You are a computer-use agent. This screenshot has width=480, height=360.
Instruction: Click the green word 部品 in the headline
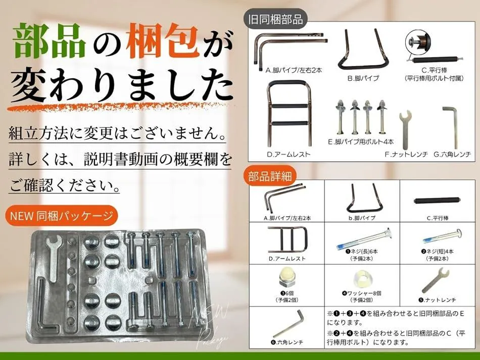point(49,41)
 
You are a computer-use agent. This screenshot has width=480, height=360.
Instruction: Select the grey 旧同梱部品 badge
point(275,20)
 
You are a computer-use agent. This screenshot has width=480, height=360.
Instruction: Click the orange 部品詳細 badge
point(270,177)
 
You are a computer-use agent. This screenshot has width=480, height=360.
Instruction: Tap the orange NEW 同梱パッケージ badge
point(61,216)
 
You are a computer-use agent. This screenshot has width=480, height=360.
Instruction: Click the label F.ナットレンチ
point(406,155)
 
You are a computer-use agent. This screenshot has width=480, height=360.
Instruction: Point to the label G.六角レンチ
point(452,155)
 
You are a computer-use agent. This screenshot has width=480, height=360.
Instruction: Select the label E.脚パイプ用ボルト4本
point(361,141)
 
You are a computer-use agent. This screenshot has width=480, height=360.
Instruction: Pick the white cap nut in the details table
point(287,280)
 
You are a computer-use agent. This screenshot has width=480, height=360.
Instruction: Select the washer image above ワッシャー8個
point(362,279)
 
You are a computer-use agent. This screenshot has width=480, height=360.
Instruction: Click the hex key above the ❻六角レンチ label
point(289,324)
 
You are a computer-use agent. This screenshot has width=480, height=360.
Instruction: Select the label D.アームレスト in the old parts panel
point(289,155)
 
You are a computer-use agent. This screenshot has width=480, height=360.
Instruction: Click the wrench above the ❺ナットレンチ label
point(435,280)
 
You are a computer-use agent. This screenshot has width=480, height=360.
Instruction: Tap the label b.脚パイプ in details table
point(362,218)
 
